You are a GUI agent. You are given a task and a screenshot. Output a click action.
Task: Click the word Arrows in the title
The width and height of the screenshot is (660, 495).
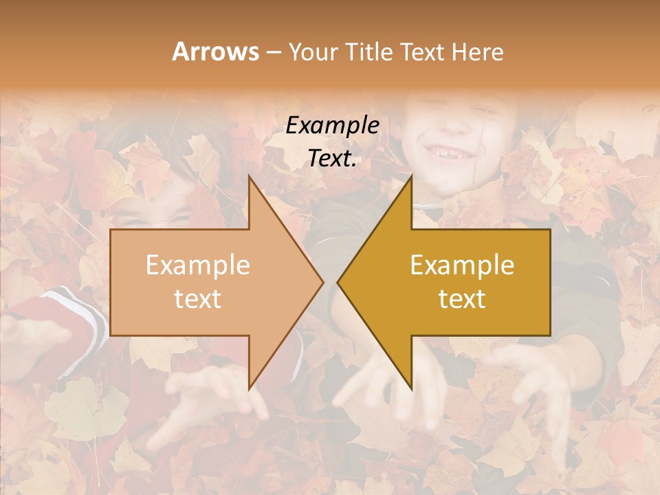coord(215,52)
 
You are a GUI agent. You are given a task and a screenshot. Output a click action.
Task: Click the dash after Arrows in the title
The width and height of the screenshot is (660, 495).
coord(274,53)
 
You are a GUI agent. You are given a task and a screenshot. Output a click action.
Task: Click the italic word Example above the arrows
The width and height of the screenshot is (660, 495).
coord(332,126)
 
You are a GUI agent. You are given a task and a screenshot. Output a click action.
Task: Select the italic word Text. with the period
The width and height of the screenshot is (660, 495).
coord(332,158)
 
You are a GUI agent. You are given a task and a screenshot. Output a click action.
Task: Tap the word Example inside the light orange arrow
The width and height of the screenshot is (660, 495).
coord(197,265)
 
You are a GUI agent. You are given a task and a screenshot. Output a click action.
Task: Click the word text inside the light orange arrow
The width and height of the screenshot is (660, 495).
coord(197,298)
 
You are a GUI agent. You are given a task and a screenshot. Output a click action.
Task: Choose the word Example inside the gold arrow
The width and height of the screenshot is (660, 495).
coord(462,265)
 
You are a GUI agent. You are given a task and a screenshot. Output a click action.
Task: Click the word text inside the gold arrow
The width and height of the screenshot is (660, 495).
coord(462,298)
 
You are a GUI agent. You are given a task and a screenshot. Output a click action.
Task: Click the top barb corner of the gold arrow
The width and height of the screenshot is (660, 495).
coord(411,178)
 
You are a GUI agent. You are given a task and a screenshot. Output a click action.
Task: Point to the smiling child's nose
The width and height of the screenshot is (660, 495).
coord(448,124)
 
